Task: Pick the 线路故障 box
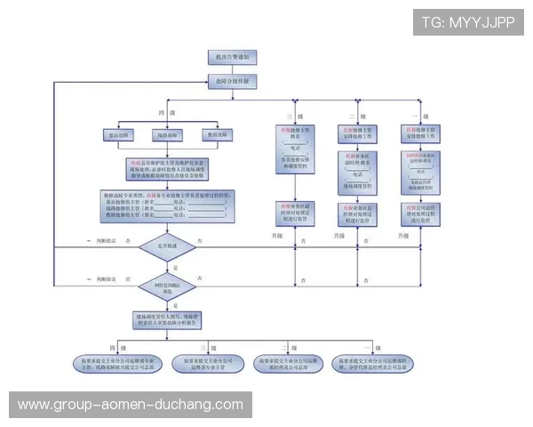[171, 135]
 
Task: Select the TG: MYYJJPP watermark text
[467, 22]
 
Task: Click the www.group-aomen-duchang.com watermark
[131, 405]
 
